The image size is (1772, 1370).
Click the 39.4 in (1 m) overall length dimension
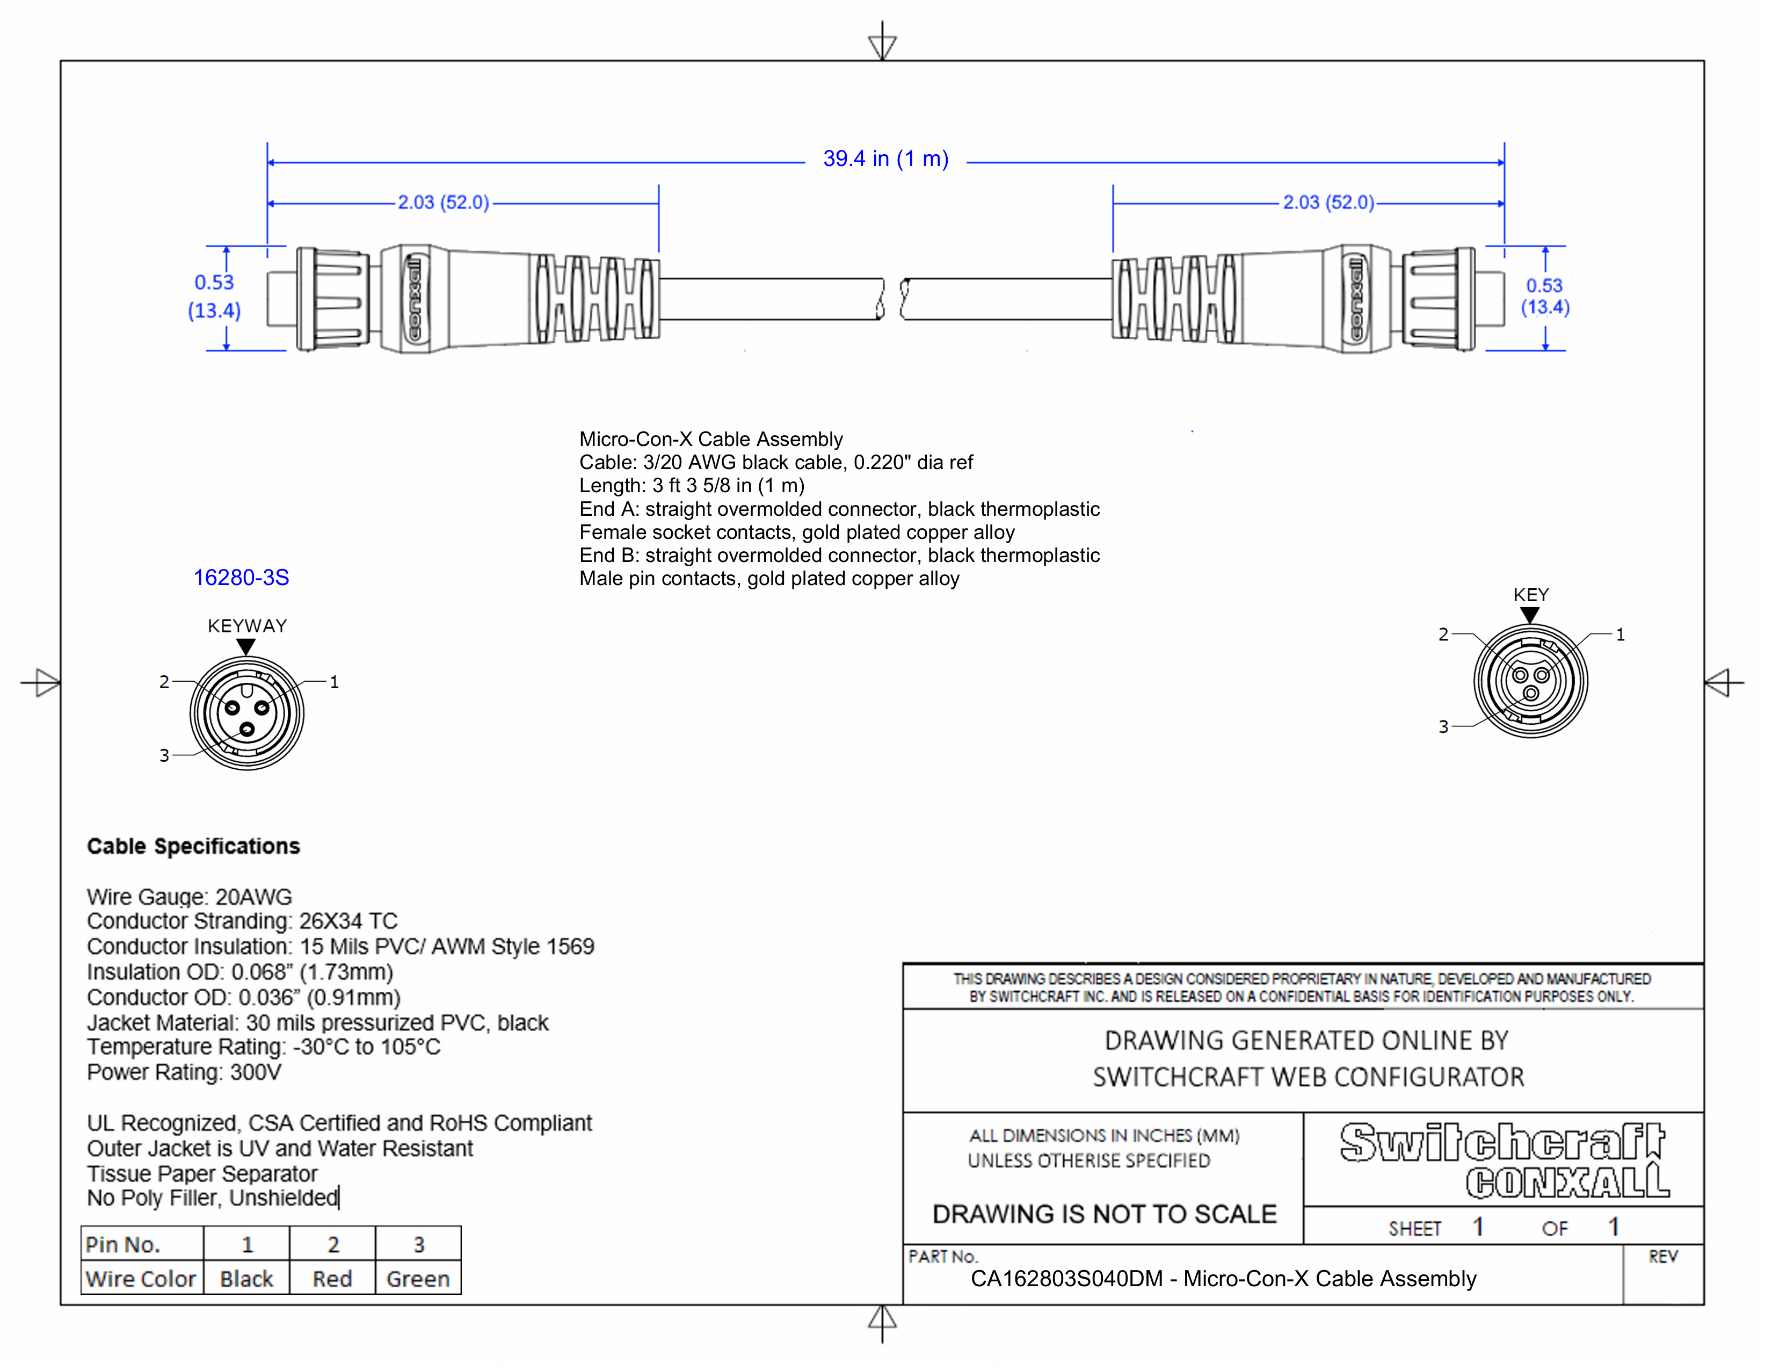(x=885, y=158)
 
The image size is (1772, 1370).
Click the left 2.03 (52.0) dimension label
(x=443, y=202)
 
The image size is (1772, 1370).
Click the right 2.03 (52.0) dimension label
(x=1328, y=202)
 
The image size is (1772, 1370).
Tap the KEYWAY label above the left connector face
(x=246, y=626)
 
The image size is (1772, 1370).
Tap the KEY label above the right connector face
(x=1530, y=595)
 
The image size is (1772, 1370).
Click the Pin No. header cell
(x=124, y=1244)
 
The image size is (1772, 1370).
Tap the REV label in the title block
(x=1662, y=1257)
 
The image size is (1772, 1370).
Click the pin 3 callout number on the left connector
(x=164, y=755)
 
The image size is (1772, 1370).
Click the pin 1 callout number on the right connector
(x=1620, y=634)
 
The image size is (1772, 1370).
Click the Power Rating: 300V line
(x=184, y=1072)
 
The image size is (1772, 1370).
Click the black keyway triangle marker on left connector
(x=246, y=646)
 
